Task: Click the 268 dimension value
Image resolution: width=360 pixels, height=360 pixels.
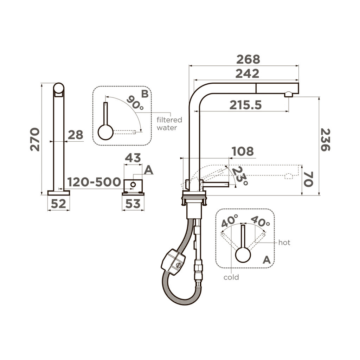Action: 248,59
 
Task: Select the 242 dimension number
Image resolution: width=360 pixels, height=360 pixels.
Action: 247,73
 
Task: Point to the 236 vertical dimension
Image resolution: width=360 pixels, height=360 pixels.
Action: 326,140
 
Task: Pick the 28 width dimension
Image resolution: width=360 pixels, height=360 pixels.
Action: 75,135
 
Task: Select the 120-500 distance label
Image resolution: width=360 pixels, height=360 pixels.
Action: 94,182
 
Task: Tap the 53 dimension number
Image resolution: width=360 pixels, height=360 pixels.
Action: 133,204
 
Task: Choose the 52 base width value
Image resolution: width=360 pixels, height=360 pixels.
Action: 58,204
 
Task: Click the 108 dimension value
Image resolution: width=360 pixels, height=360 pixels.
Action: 242,152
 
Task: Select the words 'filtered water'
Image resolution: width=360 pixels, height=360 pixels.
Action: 167,124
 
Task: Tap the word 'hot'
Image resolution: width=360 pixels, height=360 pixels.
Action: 284,243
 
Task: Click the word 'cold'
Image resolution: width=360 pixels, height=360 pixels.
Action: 231,277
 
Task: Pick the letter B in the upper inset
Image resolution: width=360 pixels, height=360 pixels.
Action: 144,94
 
